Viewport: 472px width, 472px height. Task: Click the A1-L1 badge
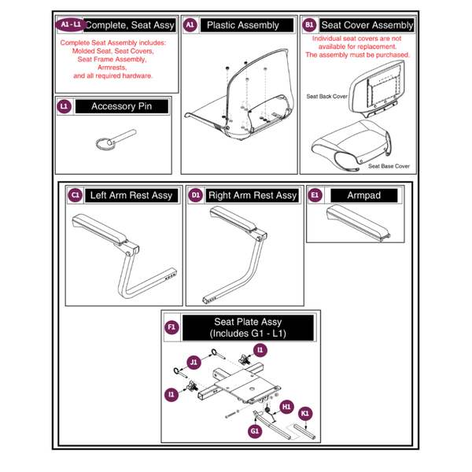pos(70,24)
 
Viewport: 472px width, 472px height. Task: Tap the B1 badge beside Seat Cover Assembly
pos(308,25)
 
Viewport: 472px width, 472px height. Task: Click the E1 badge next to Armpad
pos(315,195)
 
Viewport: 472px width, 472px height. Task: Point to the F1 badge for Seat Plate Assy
pos(171,326)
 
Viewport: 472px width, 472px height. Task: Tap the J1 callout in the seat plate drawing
pos(194,362)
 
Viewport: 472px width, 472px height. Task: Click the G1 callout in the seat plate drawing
pos(255,431)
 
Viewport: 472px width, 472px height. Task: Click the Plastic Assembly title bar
pos(242,25)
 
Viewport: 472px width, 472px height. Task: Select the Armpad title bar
pos(362,195)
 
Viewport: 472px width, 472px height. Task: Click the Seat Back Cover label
pos(326,96)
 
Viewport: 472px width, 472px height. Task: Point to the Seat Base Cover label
pos(389,166)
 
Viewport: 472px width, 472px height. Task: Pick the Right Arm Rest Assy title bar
pos(252,195)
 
